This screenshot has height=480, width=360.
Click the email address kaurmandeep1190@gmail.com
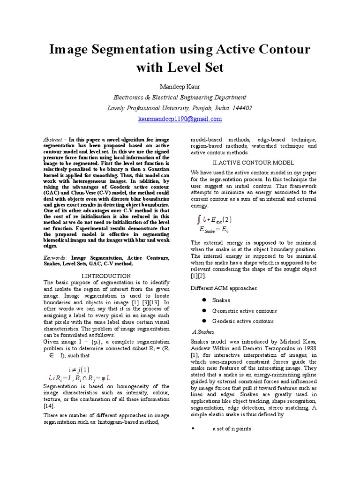tap(180, 119)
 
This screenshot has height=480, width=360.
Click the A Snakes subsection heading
tap(203, 331)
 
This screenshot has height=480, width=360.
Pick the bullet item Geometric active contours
tap(244, 311)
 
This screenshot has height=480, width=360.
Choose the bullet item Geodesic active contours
tap(243, 321)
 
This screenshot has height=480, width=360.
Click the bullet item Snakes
tap(221, 300)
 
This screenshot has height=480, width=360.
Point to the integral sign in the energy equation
tap(199, 219)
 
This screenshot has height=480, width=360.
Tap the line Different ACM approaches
tap(224, 288)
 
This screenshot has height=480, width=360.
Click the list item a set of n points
tap(232, 429)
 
